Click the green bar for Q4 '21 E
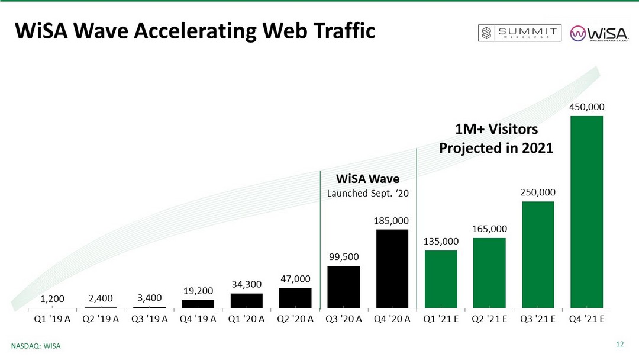coord(586,212)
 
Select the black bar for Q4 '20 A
coord(392,269)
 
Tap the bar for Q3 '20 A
coord(344,287)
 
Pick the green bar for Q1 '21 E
coord(441,279)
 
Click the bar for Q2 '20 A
coord(295,298)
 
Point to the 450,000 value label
coord(586,107)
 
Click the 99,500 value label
coord(344,257)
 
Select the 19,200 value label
coord(198,291)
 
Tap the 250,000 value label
coord(538,192)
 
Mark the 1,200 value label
coord(53,298)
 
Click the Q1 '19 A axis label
coord(52,319)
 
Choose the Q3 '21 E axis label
coord(538,319)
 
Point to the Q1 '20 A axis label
coord(246,319)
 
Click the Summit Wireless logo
coord(519,33)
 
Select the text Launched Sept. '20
coord(368,193)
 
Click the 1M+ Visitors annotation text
coord(496,129)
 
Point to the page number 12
coord(620,344)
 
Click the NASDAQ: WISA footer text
coord(37,345)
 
